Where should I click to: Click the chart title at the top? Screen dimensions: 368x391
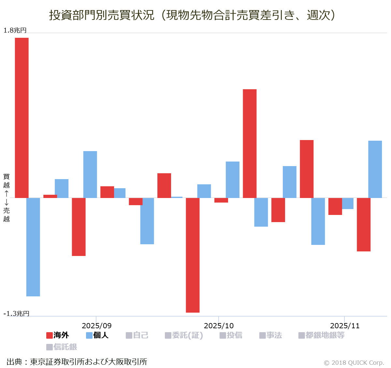pos(192,15)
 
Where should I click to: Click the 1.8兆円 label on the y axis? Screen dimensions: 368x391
pos(15,30)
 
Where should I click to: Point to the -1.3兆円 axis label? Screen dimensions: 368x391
pos(16,314)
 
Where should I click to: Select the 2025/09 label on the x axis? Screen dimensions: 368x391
pos(96,326)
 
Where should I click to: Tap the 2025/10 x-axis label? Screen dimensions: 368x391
pos(219,326)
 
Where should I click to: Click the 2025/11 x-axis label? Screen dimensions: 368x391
pos(345,326)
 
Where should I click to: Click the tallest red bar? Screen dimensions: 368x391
pos(22,117)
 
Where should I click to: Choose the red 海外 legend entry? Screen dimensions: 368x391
pos(58,335)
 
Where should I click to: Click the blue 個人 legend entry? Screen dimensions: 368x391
pos(97,335)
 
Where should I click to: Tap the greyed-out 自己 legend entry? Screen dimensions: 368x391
pos(137,335)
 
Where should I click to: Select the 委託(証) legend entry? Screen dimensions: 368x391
pos(184,335)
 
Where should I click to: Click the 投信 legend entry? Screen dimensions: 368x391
pos(231,335)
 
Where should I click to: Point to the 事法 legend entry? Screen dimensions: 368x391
pos(271,335)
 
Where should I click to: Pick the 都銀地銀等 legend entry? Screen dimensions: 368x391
pos(322,335)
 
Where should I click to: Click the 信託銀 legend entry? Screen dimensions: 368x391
pos(62,347)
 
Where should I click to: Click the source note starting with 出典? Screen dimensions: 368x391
pos(77,362)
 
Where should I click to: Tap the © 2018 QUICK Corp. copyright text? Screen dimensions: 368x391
pos(354,362)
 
